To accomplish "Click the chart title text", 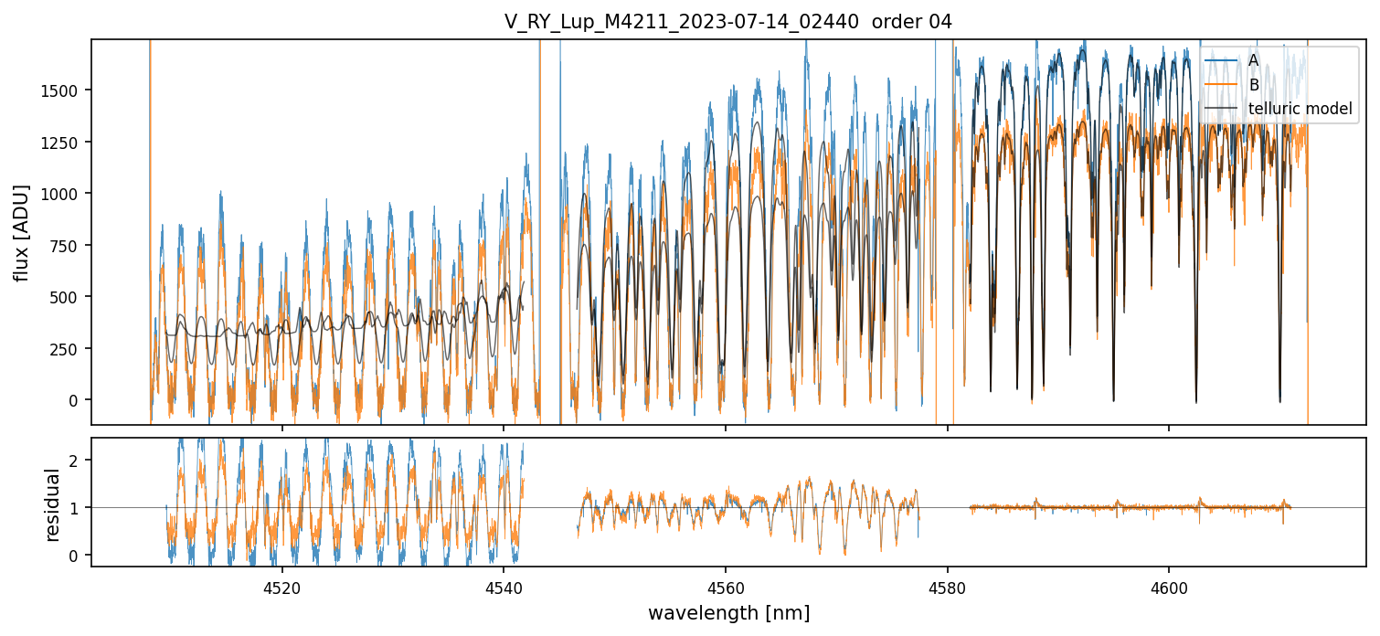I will tap(728, 22).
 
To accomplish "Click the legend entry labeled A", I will tap(1253, 60).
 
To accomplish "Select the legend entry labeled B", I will tap(1253, 85).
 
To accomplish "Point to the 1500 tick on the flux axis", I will tap(65, 90).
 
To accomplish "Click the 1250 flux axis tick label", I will tap(65, 143).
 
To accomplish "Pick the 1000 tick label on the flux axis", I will tap(65, 194).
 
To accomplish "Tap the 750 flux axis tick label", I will tap(69, 246).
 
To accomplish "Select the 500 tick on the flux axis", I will tap(69, 297).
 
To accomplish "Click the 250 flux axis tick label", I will tap(69, 349).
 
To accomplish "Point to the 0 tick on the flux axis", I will tap(79, 400).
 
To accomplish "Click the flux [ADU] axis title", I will tap(21, 232).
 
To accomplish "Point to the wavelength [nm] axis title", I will tap(728, 612).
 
